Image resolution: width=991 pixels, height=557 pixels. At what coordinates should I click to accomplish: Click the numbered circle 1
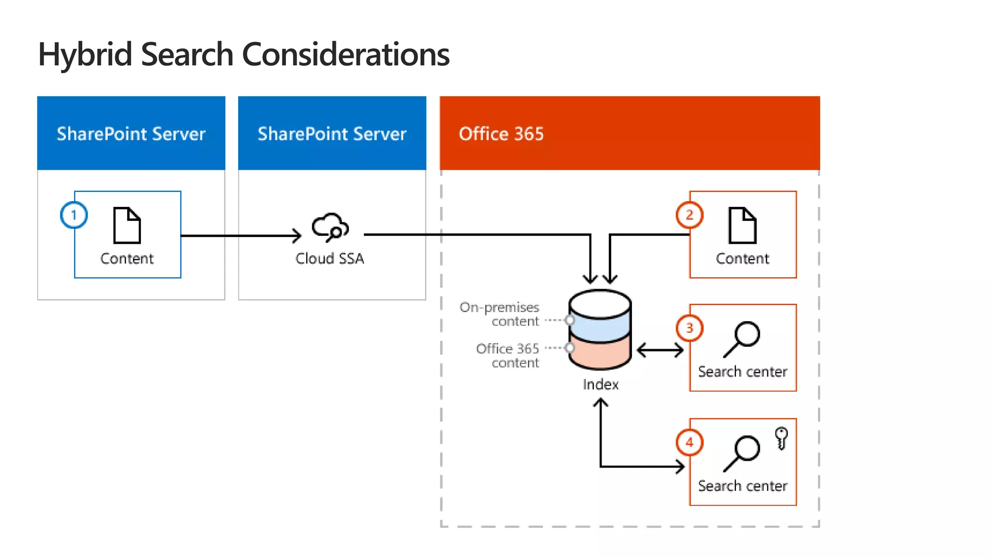[74, 215]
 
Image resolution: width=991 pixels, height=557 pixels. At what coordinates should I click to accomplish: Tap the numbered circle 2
[689, 215]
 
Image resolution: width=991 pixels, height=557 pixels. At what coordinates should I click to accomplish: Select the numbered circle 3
[689, 328]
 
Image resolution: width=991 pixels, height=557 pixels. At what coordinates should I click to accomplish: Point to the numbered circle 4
[689, 442]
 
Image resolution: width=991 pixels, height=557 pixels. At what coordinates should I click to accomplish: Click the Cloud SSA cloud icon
[330, 227]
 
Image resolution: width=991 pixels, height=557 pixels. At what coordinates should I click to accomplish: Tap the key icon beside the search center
[781, 438]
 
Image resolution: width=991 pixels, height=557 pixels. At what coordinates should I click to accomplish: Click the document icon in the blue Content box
[127, 225]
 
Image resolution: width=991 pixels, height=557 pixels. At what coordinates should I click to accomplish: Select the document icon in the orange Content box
[742, 225]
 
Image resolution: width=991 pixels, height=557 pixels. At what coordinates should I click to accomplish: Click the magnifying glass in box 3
[742, 338]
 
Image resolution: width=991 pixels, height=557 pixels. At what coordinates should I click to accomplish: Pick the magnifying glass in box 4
[742, 453]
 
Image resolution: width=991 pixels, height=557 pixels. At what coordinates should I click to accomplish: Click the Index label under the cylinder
[601, 384]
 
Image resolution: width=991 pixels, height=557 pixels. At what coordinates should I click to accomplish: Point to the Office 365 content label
[508, 355]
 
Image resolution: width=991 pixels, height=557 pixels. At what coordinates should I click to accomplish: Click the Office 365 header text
[501, 134]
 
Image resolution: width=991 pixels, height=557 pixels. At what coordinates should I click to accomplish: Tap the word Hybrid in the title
[85, 54]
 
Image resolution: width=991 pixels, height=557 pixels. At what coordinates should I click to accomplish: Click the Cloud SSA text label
[330, 259]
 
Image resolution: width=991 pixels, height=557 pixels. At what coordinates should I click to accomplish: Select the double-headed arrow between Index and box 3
[660, 350]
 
